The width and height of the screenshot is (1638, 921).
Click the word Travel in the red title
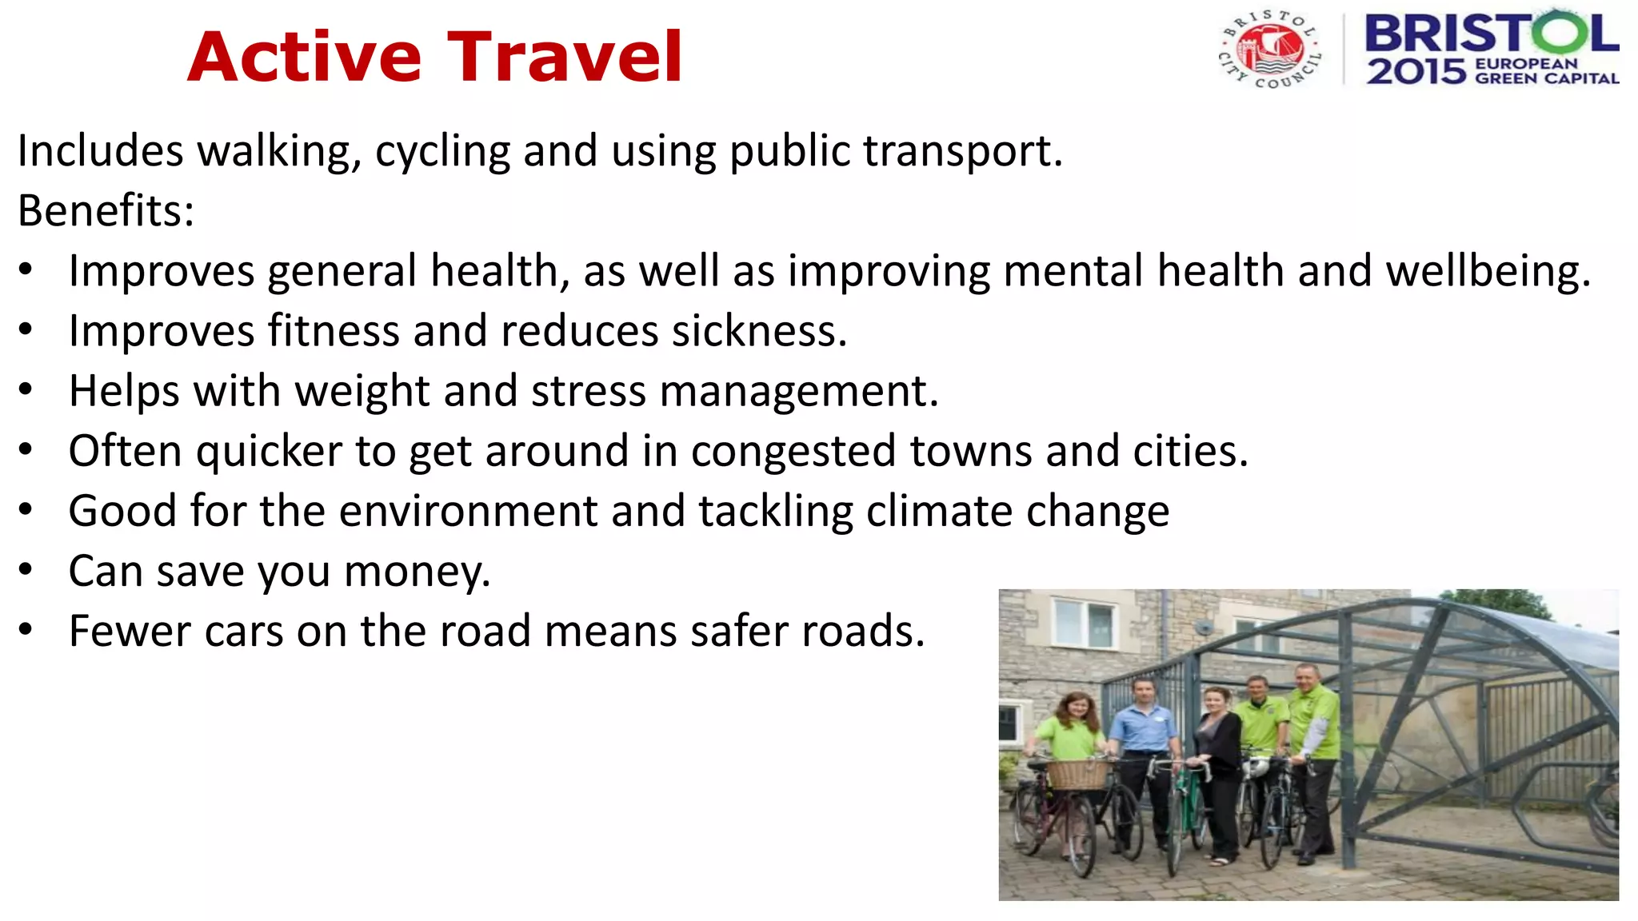564,57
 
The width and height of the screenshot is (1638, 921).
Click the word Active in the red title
304,57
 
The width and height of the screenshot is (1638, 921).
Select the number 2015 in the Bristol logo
1416,72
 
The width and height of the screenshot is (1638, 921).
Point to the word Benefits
106,211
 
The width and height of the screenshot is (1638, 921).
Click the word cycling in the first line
442,151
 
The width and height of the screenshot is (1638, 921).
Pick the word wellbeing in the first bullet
1488,271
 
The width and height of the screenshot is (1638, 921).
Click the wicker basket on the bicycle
1077,774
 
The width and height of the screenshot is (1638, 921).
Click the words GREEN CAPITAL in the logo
1547,78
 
